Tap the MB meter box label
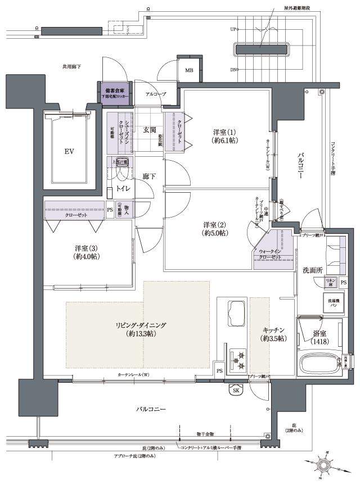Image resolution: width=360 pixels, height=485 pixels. pyautogui.click(x=189, y=70)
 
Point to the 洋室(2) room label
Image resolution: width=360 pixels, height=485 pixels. pyautogui.click(x=215, y=229)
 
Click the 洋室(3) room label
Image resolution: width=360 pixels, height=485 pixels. pyautogui.click(x=87, y=252)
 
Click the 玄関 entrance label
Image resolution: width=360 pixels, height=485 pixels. pyautogui.click(x=149, y=130)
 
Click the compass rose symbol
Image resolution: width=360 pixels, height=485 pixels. pyautogui.click(x=324, y=464)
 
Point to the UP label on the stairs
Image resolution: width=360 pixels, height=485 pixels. pyautogui.click(x=233, y=29)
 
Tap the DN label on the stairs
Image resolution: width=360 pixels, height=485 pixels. pyautogui.click(x=233, y=70)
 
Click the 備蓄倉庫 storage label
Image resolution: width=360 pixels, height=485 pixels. pyautogui.click(x=115, y=90)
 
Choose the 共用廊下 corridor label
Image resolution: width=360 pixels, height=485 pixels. pyautogui.click(x=71, y=67)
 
